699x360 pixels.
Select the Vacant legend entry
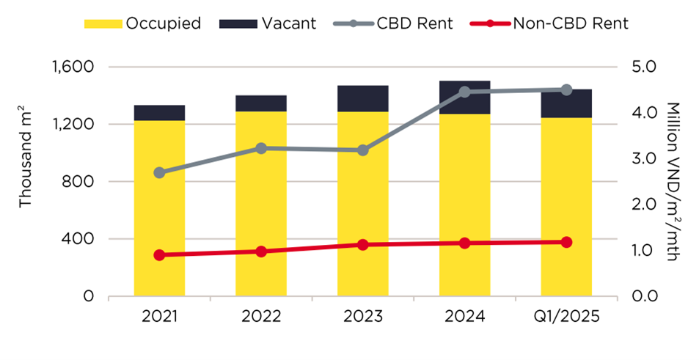click(268, 23)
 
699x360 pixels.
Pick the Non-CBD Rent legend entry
click(550, 23)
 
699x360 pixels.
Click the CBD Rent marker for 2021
click(159, 173)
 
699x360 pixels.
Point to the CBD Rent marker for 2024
click(464, 92)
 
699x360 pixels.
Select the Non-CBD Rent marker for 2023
click(362, 245)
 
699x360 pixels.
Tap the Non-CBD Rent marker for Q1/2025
click(566, 242)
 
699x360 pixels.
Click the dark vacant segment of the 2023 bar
click(362, 98)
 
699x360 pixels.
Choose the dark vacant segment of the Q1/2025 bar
click(566, 103)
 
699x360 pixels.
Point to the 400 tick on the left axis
click(82, 239)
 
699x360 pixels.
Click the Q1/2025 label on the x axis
click(566, 318)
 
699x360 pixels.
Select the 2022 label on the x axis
click(261, 318)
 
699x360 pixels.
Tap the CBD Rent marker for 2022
click(261, 148)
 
